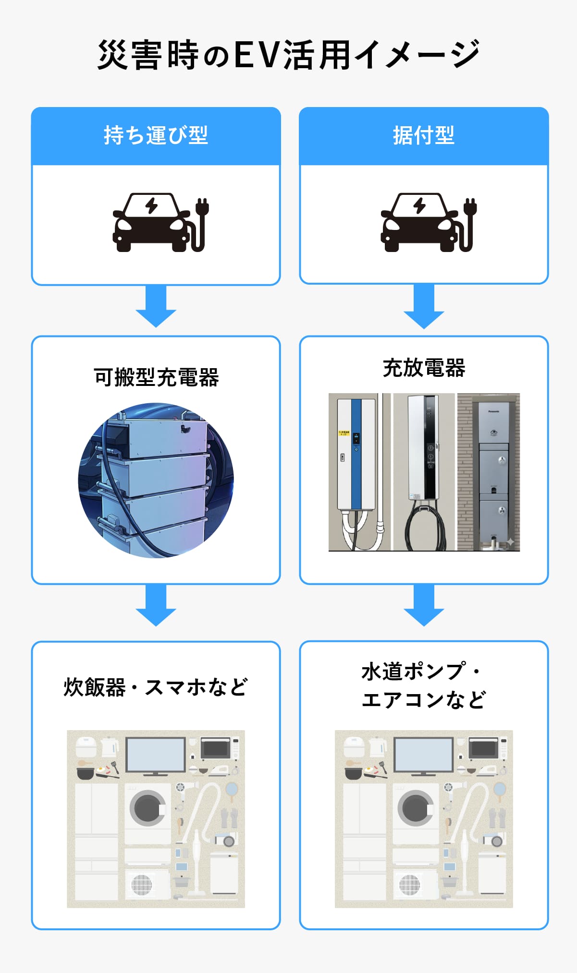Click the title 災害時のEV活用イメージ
click(288, 55)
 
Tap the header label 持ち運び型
click(156, 135)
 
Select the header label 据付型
click(423, 135)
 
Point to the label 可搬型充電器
click(156, 377)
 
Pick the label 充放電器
click(424, 368)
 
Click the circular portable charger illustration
click(156, 480)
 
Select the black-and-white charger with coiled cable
click(424, 461)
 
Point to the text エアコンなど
click(424, 700)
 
